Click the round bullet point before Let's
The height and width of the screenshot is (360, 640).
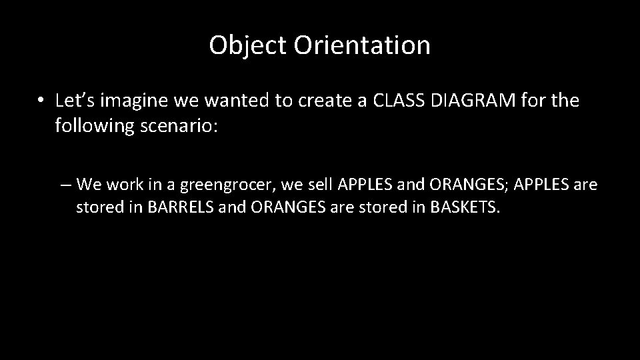[x=41, y=101]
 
